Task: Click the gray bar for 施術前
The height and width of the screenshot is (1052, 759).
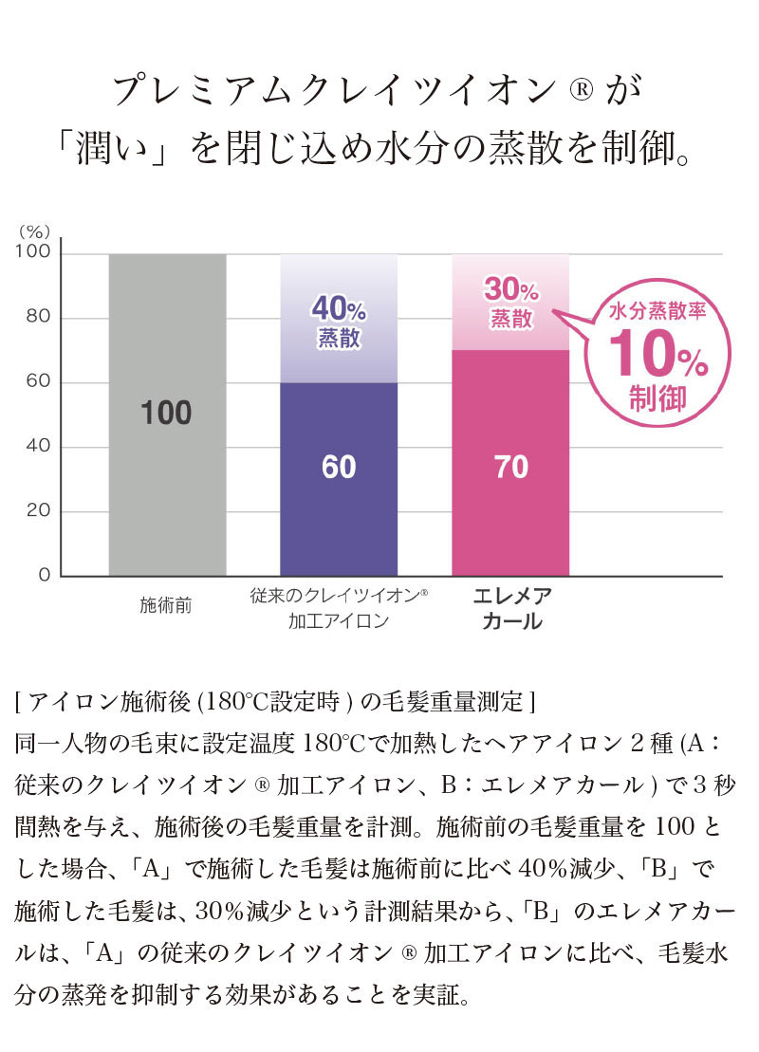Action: (167, 493)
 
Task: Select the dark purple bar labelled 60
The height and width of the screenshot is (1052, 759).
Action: (338, 512)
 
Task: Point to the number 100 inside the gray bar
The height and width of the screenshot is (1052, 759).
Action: (167, 413)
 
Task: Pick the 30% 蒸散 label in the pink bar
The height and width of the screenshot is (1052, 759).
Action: (510, 302)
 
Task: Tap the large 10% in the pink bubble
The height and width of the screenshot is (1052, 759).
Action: (657, 355)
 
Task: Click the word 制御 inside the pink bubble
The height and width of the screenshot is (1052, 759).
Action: (657, 398)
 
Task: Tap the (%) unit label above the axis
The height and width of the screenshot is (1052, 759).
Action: (35, 231)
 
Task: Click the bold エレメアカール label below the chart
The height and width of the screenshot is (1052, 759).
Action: (512, 609)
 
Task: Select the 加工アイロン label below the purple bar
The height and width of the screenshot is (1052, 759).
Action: (338, 622)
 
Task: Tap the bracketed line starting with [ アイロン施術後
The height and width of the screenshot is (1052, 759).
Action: (276, 703)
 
